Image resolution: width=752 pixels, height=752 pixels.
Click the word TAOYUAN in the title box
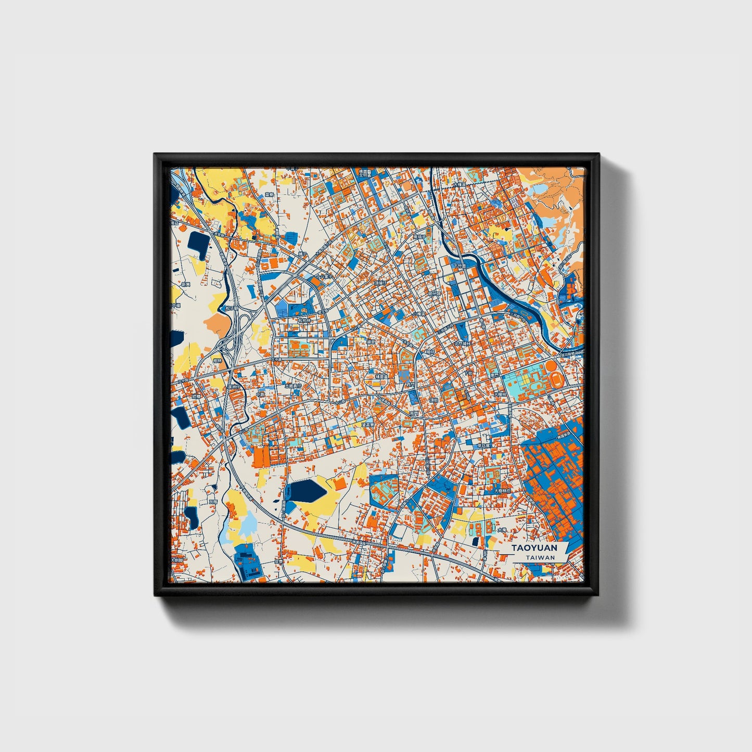point(534,548)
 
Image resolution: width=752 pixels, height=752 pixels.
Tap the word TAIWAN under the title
point(540,557)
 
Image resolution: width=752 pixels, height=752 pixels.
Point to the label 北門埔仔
point(463,344)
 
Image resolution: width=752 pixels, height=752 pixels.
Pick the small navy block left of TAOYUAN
point(475,542)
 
